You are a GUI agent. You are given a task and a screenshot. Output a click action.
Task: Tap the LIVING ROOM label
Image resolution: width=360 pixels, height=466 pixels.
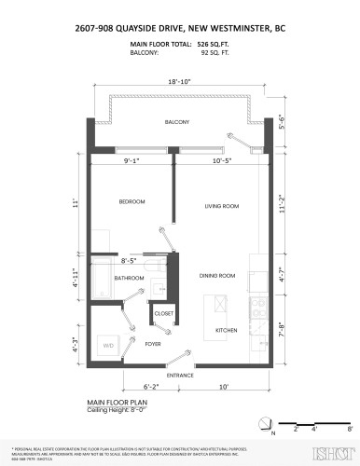pos(224,206)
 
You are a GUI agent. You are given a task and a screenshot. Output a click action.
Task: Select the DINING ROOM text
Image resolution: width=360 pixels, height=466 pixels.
pos(216,276)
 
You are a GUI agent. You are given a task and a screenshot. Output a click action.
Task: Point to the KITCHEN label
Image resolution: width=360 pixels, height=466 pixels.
pos(228,331)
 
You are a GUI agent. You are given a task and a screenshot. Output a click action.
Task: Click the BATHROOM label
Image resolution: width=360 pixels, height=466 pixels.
pos(128,277)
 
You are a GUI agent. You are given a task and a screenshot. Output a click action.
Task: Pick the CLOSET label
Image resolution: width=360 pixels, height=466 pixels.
pos(164,314)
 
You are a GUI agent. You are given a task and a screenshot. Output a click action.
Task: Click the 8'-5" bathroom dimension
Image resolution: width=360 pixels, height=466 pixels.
pos(131,262)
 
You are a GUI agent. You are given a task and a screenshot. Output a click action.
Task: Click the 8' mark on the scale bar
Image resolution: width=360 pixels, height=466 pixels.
pos(349,429)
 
